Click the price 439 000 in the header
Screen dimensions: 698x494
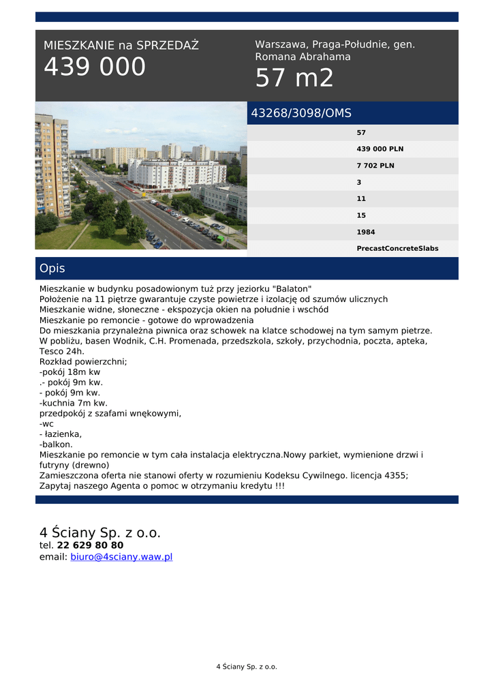95,67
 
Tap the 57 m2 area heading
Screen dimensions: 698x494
294,79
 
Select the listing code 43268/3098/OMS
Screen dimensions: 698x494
301,113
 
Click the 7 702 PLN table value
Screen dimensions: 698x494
375,166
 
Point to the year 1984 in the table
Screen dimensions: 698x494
366,232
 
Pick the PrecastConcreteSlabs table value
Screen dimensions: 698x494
397,249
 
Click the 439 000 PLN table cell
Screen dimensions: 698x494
380,149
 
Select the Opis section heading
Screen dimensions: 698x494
52,269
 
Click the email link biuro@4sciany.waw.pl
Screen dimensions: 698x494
121,557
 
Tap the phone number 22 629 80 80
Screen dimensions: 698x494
90,545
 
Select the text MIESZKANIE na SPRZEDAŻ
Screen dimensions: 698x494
121,46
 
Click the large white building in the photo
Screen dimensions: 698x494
176,173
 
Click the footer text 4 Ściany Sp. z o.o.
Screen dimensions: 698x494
247,667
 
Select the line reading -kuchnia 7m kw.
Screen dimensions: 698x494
74,403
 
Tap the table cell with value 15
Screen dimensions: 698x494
361,215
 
